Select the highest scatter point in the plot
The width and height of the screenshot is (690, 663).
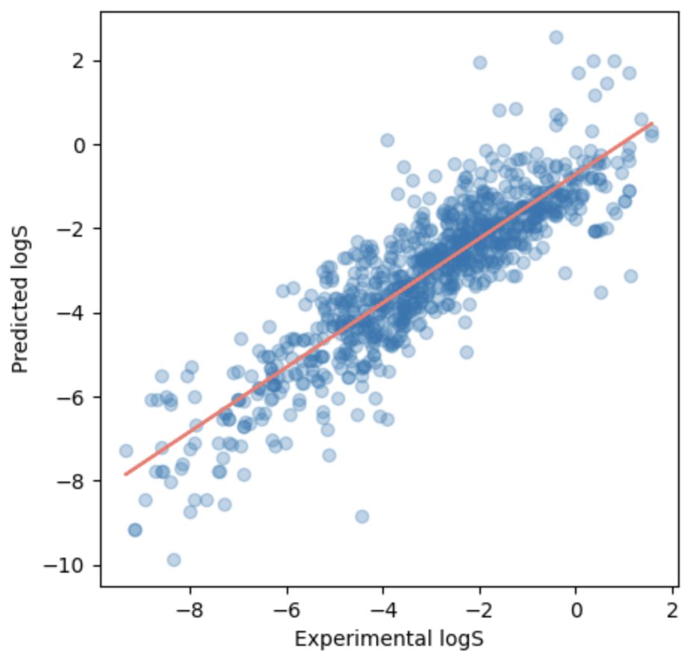click(556, 37)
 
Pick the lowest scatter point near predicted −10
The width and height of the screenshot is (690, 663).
click(174, 560)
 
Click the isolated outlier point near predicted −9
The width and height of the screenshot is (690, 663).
click(362, 517)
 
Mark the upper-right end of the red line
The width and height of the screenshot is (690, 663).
click(653, 123)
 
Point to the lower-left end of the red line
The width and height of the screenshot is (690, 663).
click(125, 474)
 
